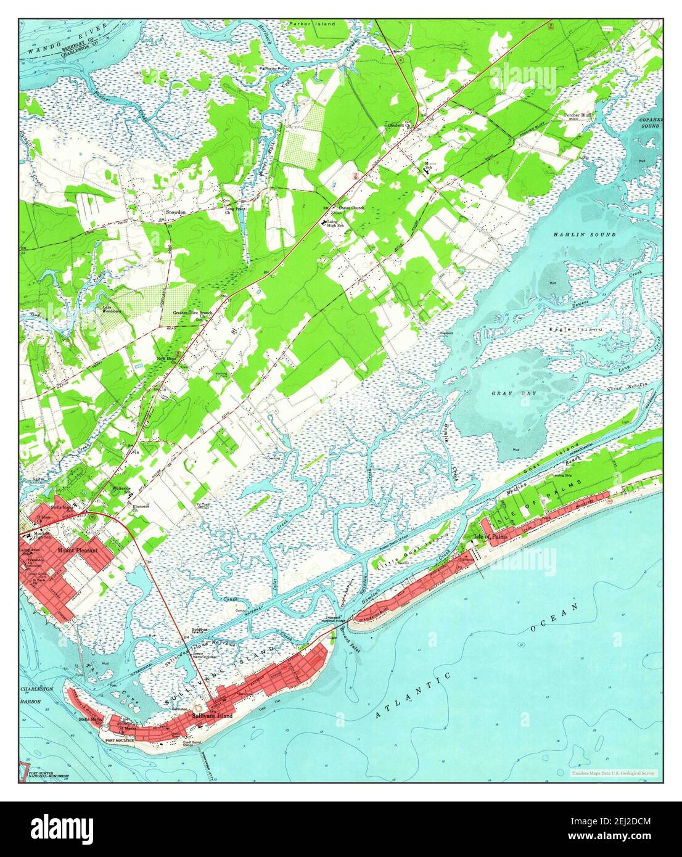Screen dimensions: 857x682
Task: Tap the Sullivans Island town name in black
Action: coord(212,716)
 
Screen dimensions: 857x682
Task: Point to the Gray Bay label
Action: coord(506,393)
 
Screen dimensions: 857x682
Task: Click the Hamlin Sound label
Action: coord(575,235)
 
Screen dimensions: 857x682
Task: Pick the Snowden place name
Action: coord(175,212)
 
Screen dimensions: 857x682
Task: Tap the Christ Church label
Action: coord(351,208)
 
